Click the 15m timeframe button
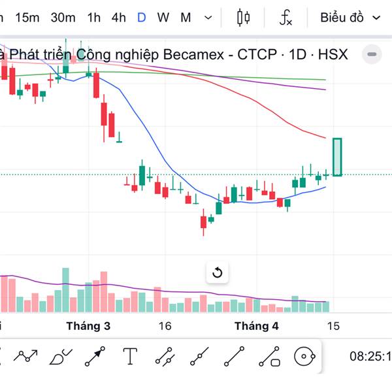click(x=27, y=18)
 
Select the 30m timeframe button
click(x=63, y=18)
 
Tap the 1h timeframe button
click(x=94, y=18)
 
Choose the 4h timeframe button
click(x=118, y=18)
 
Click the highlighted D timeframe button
click(x=141, y=18)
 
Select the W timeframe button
click(x=163, y=18)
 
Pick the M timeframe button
click(x=186, y=18)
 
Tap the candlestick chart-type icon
click(x=244, y=18)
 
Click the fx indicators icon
click(x=286, y=18)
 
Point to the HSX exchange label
click(x=333, y=54)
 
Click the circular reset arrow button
click(x=218, y=272)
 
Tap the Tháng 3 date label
click(x=88, y=325)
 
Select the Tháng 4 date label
click(x=257, y=325)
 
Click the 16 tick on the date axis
click(x=164, y=325)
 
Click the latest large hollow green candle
click(x=337, y=157)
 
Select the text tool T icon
click(x=131, y=356)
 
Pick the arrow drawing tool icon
click(x=95, y=356)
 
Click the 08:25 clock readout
click(x=370, y=357)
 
